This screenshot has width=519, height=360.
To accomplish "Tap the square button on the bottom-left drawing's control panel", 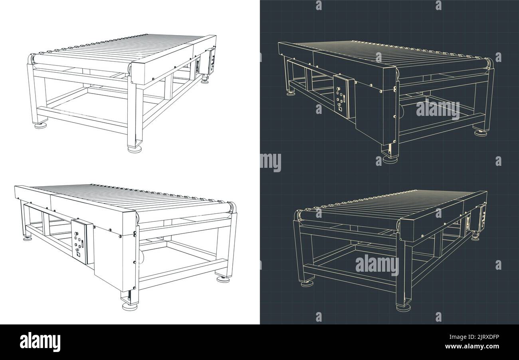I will click(78, 254).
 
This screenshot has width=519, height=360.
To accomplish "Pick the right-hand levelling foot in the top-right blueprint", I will click(480, 132).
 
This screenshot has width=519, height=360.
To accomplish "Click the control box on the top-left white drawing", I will click(210, 61).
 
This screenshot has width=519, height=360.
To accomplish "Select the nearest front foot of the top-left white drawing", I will click(135, 149).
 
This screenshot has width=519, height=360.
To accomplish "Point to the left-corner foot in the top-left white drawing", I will click(40, 125).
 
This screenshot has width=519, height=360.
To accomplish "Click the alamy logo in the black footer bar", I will click(40, 342).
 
